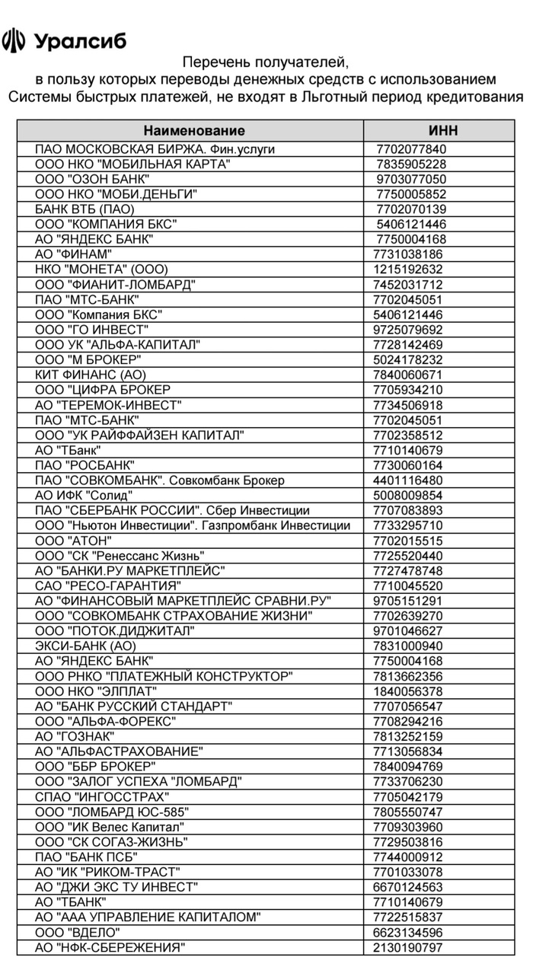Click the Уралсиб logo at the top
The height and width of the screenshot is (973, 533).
click(65, 40)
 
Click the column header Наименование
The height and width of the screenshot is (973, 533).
click(194, 130)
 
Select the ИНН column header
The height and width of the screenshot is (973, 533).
click(443, 130)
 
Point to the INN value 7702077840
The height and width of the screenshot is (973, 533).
click(411, 149)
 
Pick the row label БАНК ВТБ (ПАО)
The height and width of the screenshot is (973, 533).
click(85, 209)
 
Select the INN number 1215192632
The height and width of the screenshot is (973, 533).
click(408, 270)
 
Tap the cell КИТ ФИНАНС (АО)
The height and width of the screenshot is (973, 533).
click(91, 375)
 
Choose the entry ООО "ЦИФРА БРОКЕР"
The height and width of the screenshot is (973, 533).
click(103, 390)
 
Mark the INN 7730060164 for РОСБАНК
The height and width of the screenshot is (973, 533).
click(408, 465)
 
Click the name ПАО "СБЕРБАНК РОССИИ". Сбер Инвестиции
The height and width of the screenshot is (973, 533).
click(172, 511)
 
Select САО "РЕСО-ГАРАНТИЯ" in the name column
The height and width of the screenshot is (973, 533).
click(108, 585)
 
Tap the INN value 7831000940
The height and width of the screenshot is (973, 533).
click(408, 646)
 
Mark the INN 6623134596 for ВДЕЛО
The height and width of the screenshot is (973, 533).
click(408, 933)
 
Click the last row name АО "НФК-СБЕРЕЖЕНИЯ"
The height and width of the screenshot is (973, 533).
click(110, 948)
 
